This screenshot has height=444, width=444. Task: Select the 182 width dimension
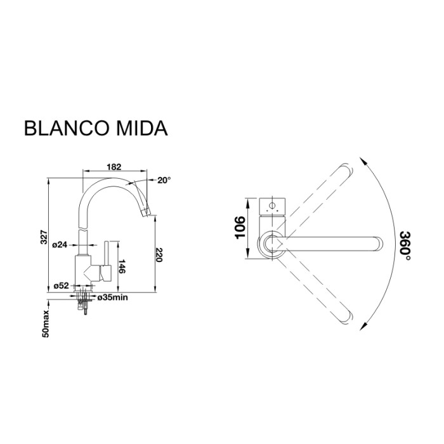[114, 167]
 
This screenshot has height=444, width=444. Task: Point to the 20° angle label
[164, 180]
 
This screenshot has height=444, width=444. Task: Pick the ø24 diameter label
[60, 244]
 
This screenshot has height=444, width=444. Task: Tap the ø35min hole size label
[114, 296]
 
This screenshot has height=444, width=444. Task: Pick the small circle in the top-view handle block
[273, 206]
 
